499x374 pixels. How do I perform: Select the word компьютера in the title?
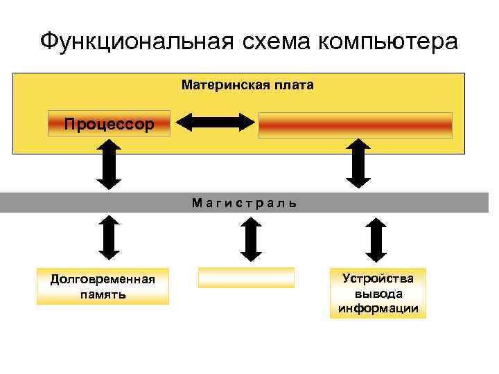point(389,42)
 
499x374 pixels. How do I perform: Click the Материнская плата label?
point(247,85)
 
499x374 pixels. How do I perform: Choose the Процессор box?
point(109,124)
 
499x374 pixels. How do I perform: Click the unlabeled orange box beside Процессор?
point(355,125)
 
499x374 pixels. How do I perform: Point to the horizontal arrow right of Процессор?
point(216,122)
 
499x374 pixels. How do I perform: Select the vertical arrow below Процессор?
point(109,163)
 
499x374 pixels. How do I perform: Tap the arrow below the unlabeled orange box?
point(358,163)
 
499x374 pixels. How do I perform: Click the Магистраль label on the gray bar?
point(244,203)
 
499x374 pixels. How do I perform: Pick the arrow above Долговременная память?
point(109,237)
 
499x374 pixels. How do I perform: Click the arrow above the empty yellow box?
point(249,239)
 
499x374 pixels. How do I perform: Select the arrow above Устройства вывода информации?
point(375,240)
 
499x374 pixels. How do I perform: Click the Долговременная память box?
point(103,286)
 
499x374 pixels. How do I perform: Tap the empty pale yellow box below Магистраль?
point(246,278)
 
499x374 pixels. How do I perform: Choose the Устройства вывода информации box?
point(378,294)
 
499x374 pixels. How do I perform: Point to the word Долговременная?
point(103,279)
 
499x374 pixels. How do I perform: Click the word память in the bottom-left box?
point(103,294)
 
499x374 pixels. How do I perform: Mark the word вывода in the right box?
point(378,294)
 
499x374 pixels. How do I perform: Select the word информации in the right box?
point(378,308)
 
